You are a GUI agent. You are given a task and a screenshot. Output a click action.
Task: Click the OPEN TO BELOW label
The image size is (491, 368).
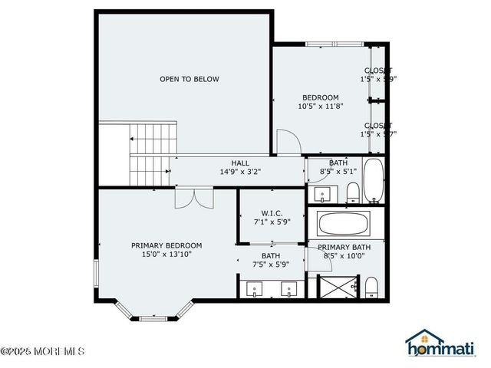click(x=189, y=79)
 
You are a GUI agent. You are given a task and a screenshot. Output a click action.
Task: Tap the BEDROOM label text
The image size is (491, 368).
click(x=320, y=97)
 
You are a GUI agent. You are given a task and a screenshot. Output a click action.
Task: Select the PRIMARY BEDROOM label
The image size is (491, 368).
click(x=166, y=245)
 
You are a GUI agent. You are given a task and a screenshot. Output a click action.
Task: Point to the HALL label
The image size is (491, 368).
click(x=240, y=163)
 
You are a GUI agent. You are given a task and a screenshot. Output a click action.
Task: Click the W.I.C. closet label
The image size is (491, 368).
click(x=272, y=213)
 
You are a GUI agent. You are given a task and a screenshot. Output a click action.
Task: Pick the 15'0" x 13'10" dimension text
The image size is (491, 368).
click(x=166, y=255)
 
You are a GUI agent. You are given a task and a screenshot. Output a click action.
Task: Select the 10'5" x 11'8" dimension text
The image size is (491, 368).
click(x=320, y=107)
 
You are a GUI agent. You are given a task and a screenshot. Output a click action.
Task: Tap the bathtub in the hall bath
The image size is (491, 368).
click(x=374, y=181)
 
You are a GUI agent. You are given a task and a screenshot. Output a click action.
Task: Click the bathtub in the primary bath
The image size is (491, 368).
click(x=344, y=224)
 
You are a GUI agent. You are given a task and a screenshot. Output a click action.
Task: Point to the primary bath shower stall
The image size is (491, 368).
click(x=333, y=288)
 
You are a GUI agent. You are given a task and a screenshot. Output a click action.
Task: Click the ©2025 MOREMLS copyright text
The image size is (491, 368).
click(x=43, y=352)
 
